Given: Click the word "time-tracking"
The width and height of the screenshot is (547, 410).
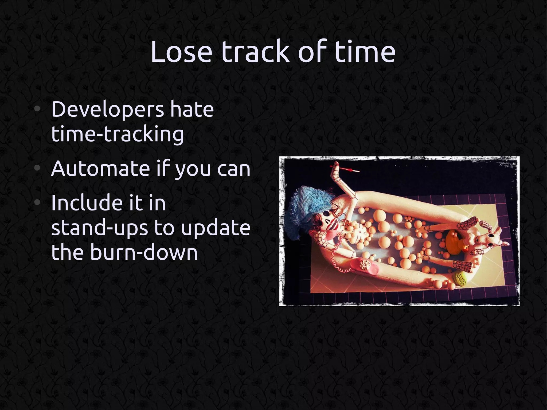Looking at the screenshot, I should (117, 134).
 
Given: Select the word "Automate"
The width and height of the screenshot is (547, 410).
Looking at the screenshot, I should (100, 169).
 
